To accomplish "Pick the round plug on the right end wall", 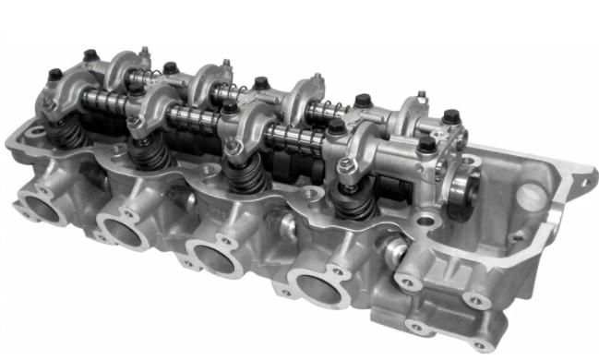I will (x=531, y=196).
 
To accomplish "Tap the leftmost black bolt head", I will (x=54, y=74).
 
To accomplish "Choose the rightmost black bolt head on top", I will (x=450, y=117).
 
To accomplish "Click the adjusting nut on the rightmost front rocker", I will (x=346, y=166).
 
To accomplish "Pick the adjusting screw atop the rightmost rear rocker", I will (x=420, y=96).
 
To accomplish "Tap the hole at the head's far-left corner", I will (x=35, y=132).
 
